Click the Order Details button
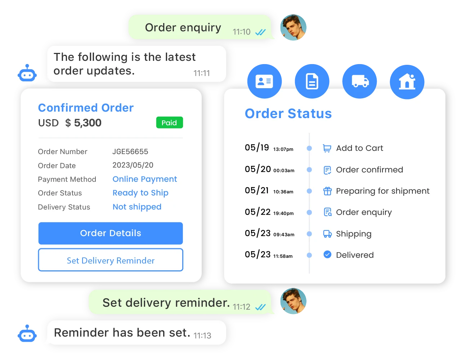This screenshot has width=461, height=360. [111, 233]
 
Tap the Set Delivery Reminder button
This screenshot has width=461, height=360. [111, 260]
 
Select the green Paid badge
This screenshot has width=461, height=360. [169, 123]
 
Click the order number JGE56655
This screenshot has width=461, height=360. [130, 152]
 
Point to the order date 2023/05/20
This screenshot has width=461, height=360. [133, 165]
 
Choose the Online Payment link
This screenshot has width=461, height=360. [145, 179]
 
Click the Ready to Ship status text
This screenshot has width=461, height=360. [140, 193]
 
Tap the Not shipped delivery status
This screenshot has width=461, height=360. [137, 207]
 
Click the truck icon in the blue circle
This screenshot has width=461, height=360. [360, 81]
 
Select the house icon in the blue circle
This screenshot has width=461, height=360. [407, 81]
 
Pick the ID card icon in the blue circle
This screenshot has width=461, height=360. [264, 81]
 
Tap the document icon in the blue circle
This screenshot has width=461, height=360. [312, 81]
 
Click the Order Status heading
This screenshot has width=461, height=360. [288, 113]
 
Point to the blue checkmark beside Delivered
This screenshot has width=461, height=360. [327, 255]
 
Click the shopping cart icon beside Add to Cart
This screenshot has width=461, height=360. [327, 148]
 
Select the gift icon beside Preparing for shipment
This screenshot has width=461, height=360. [327, 191]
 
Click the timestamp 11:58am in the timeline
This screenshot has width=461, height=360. [283, 256]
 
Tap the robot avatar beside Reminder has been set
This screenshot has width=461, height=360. [27, 334]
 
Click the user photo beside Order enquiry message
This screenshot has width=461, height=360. [294, 28]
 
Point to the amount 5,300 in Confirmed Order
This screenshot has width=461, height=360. [88, 123]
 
